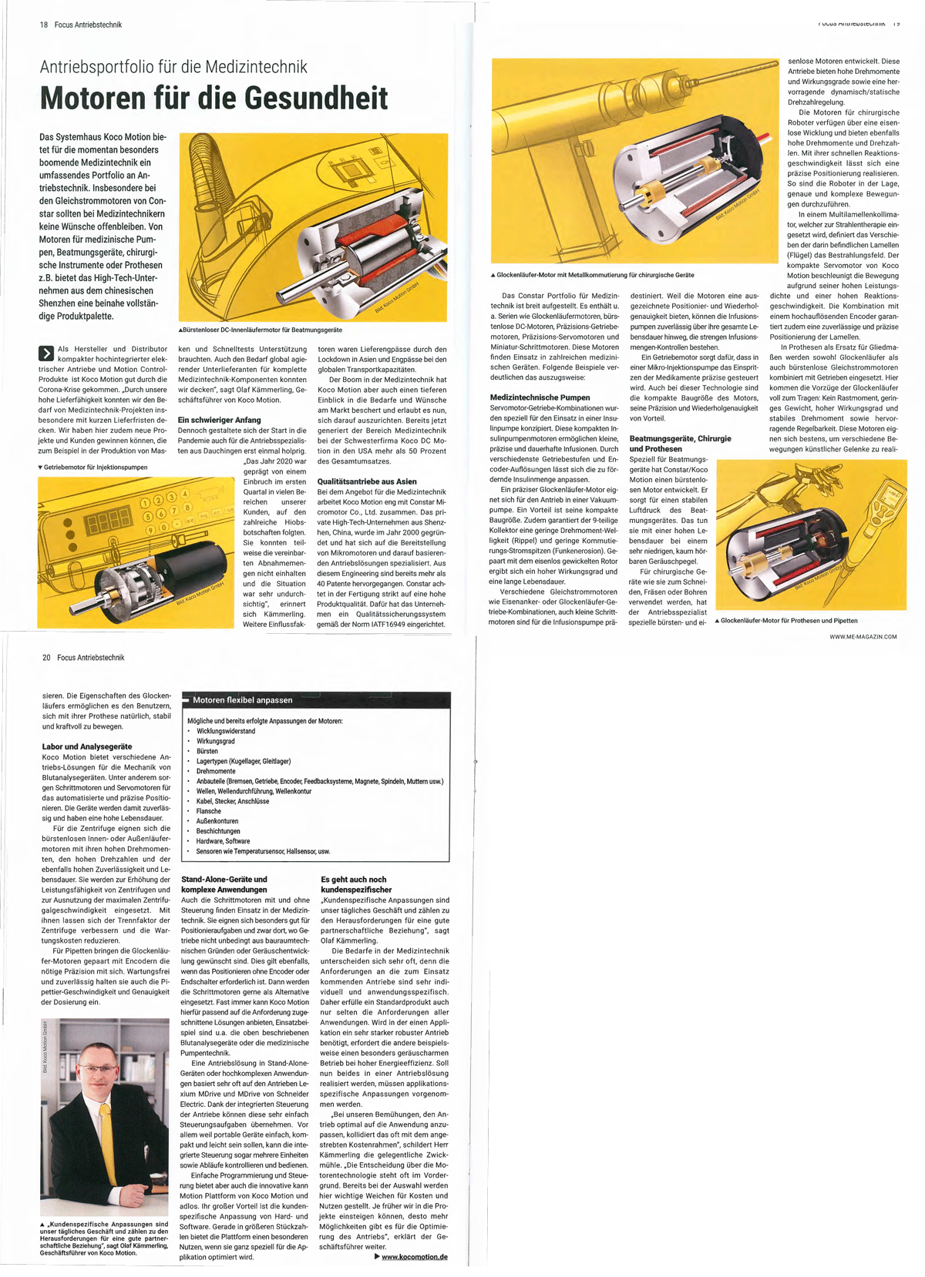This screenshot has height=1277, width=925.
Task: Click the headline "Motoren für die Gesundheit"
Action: [x=214, y=98]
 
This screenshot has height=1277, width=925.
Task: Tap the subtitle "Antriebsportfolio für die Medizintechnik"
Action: [x=173, y=66]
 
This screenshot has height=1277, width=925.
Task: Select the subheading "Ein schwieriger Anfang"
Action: [x=220, y=420]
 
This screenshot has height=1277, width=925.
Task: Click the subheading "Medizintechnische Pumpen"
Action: [x=540, y=397]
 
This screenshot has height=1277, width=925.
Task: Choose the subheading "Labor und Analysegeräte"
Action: [x=87, y=746]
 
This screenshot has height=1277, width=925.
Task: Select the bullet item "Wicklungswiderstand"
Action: [x=226, y=731]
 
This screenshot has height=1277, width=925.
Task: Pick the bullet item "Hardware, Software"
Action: [x=218, y=841]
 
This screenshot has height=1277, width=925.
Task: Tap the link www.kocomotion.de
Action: [x=414, y=1257]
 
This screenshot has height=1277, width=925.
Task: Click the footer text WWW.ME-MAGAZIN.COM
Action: [x=863, y=637]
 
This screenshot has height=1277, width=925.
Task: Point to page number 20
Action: [x=46, y=658]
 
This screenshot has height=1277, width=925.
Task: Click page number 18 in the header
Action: [x=44, y=25]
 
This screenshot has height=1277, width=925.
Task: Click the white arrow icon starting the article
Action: [x=46, y=354]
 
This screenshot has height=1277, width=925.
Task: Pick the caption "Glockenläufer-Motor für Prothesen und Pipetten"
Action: [x=789, y=621]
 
